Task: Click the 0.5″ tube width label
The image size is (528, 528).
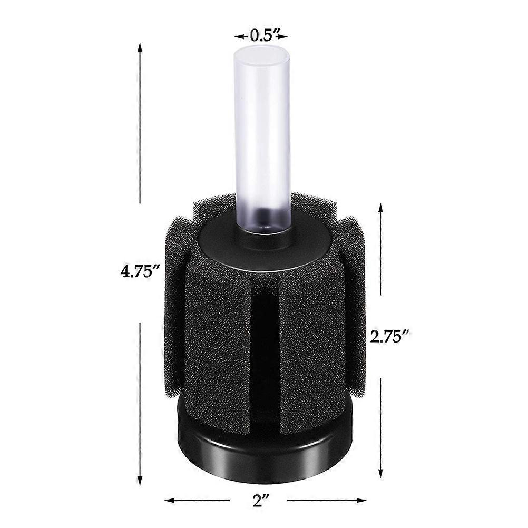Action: [261, 36]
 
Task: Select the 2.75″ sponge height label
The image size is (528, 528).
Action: [390, 336]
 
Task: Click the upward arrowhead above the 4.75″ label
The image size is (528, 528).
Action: [140, 47]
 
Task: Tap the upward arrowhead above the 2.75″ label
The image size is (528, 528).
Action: [380, 209]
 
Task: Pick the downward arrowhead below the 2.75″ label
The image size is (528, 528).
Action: [380, 472]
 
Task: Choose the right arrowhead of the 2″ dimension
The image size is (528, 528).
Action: [360, 500]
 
